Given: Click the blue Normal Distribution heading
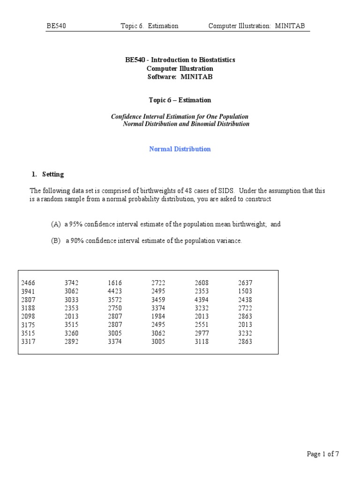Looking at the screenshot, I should tap(180, 149).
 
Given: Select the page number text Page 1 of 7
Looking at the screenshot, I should tap(323, 454).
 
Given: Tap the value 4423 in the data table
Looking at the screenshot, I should tap(115, 291).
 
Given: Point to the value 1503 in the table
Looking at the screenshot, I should tap(245, 291).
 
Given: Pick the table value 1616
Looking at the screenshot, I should tap(115, 283).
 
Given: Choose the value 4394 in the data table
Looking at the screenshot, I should tap(202, 300).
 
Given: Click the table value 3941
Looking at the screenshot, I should tap(28, 291).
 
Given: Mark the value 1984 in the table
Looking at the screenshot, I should tap(158, 316).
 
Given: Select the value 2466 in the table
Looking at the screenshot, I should tap(28, 283).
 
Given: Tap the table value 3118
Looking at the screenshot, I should tap(202, 342).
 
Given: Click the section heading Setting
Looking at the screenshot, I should tap(53, 174).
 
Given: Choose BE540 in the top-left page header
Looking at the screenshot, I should tap(56, 26).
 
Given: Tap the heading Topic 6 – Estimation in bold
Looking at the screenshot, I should tap(180, 100).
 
